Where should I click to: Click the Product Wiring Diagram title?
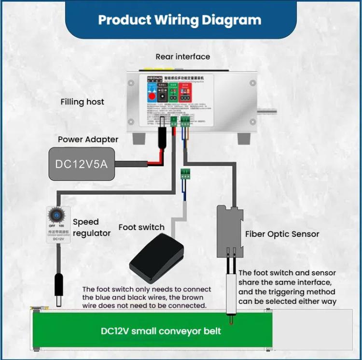(x=180, y=20)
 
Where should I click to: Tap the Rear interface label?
(x=182, y=57)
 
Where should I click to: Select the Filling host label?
(x=82, y=102)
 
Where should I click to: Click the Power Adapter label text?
(x=88, y=139)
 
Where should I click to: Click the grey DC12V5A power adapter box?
(x=82, y=164)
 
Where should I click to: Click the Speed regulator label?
(x=91, y=228)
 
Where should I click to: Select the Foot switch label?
(x=141, y=227)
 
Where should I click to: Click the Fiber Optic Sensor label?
(x=282, y=234)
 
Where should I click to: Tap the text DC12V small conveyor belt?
(x=161, y=331)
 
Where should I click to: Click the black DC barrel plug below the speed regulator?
(x=60, y=290)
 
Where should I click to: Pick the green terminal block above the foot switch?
(x=183, y=173)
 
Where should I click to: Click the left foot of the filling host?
(x=139, y=139)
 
